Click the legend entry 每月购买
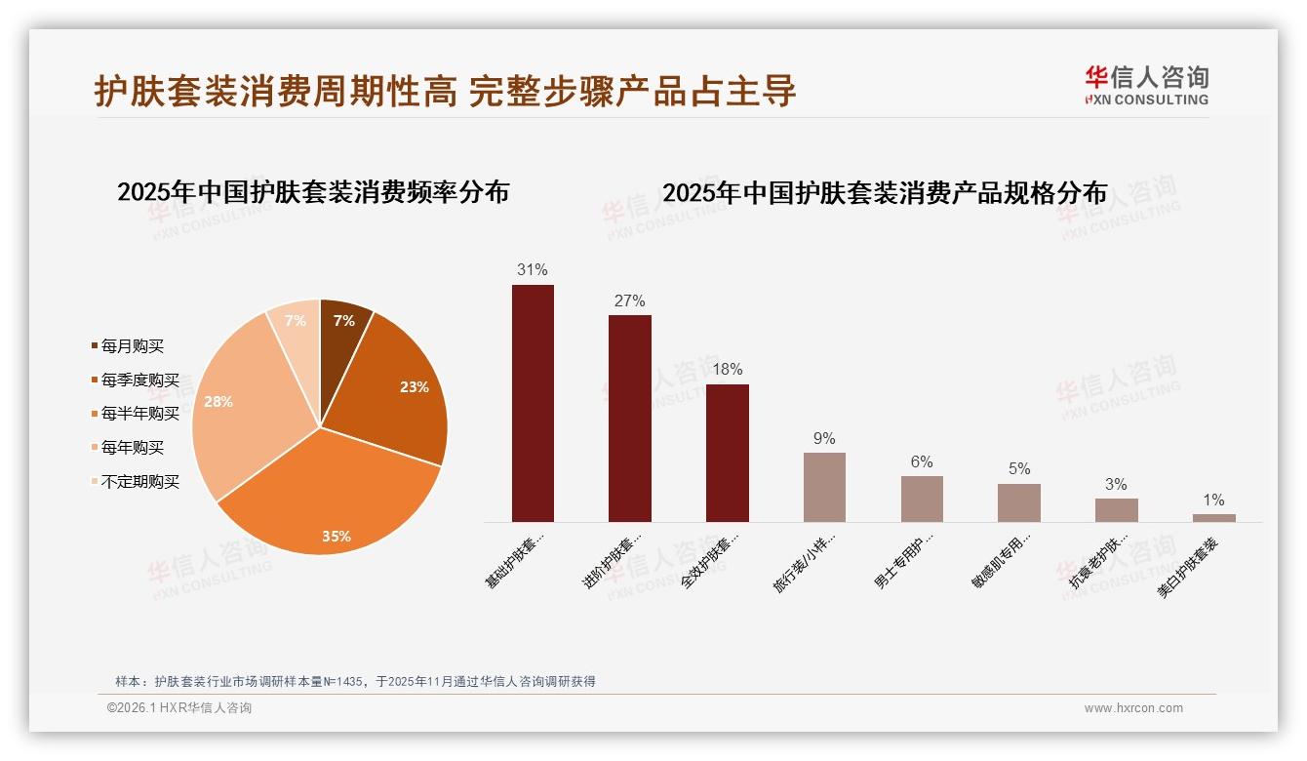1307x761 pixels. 132,346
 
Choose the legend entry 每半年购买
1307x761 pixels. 139,414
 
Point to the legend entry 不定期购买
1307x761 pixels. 139,482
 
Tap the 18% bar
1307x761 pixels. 727,453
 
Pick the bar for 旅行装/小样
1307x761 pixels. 824,487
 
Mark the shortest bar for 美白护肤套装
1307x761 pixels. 1213,518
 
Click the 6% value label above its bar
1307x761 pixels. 922,462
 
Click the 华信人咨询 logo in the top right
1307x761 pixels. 1146,85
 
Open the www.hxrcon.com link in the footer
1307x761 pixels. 1133,708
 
